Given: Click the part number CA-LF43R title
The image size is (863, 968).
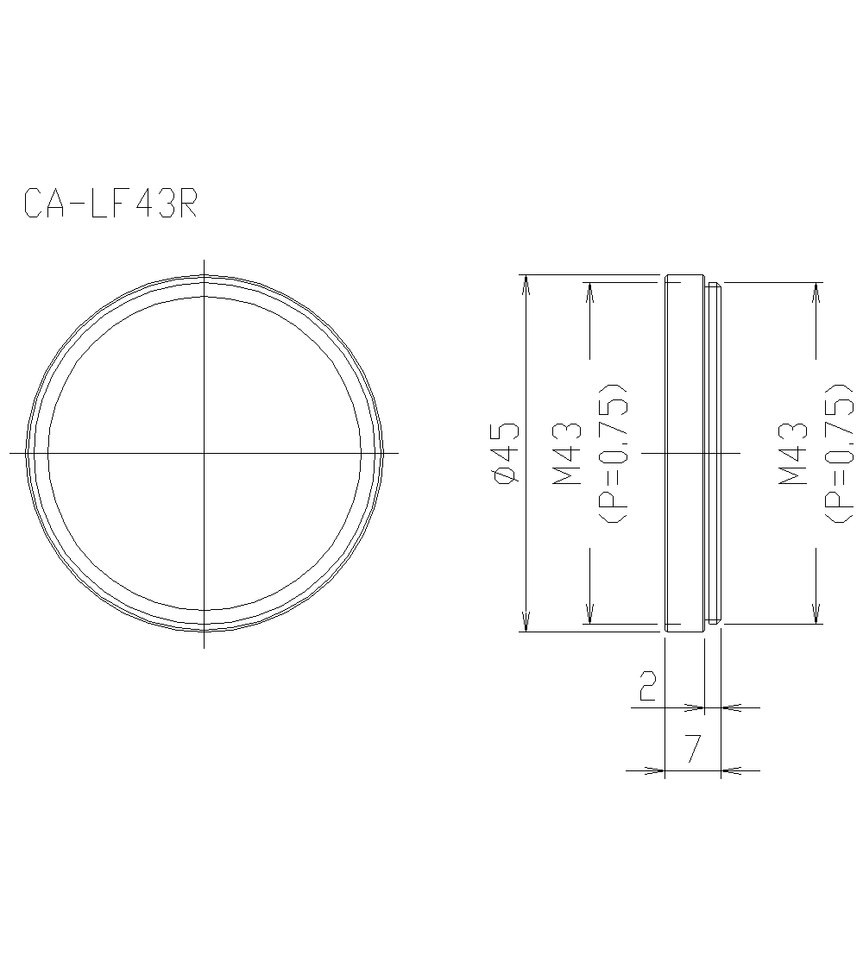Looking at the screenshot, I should coord(111,204).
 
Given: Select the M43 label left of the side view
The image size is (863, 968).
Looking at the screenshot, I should coord(567,451).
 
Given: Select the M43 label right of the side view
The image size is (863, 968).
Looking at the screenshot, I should coord(792,451).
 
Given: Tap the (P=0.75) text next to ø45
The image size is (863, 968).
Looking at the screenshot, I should coord(614,451).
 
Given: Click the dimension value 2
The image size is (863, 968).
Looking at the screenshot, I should coord(647,686).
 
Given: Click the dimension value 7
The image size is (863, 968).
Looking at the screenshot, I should coord(692,748).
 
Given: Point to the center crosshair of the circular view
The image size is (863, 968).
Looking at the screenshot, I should coord(204,452).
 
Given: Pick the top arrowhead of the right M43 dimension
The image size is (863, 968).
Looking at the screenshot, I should coord(816,291).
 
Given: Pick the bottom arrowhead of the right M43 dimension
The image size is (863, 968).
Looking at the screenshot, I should coord(816,614).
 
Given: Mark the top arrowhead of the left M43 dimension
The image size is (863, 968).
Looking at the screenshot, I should coord(590,291).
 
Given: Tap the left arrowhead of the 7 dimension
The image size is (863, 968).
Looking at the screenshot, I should coord(656,770).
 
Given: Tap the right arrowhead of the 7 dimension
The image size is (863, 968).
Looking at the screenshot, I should coord(730,770).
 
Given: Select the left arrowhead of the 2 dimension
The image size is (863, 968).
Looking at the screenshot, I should coord(696,707).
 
